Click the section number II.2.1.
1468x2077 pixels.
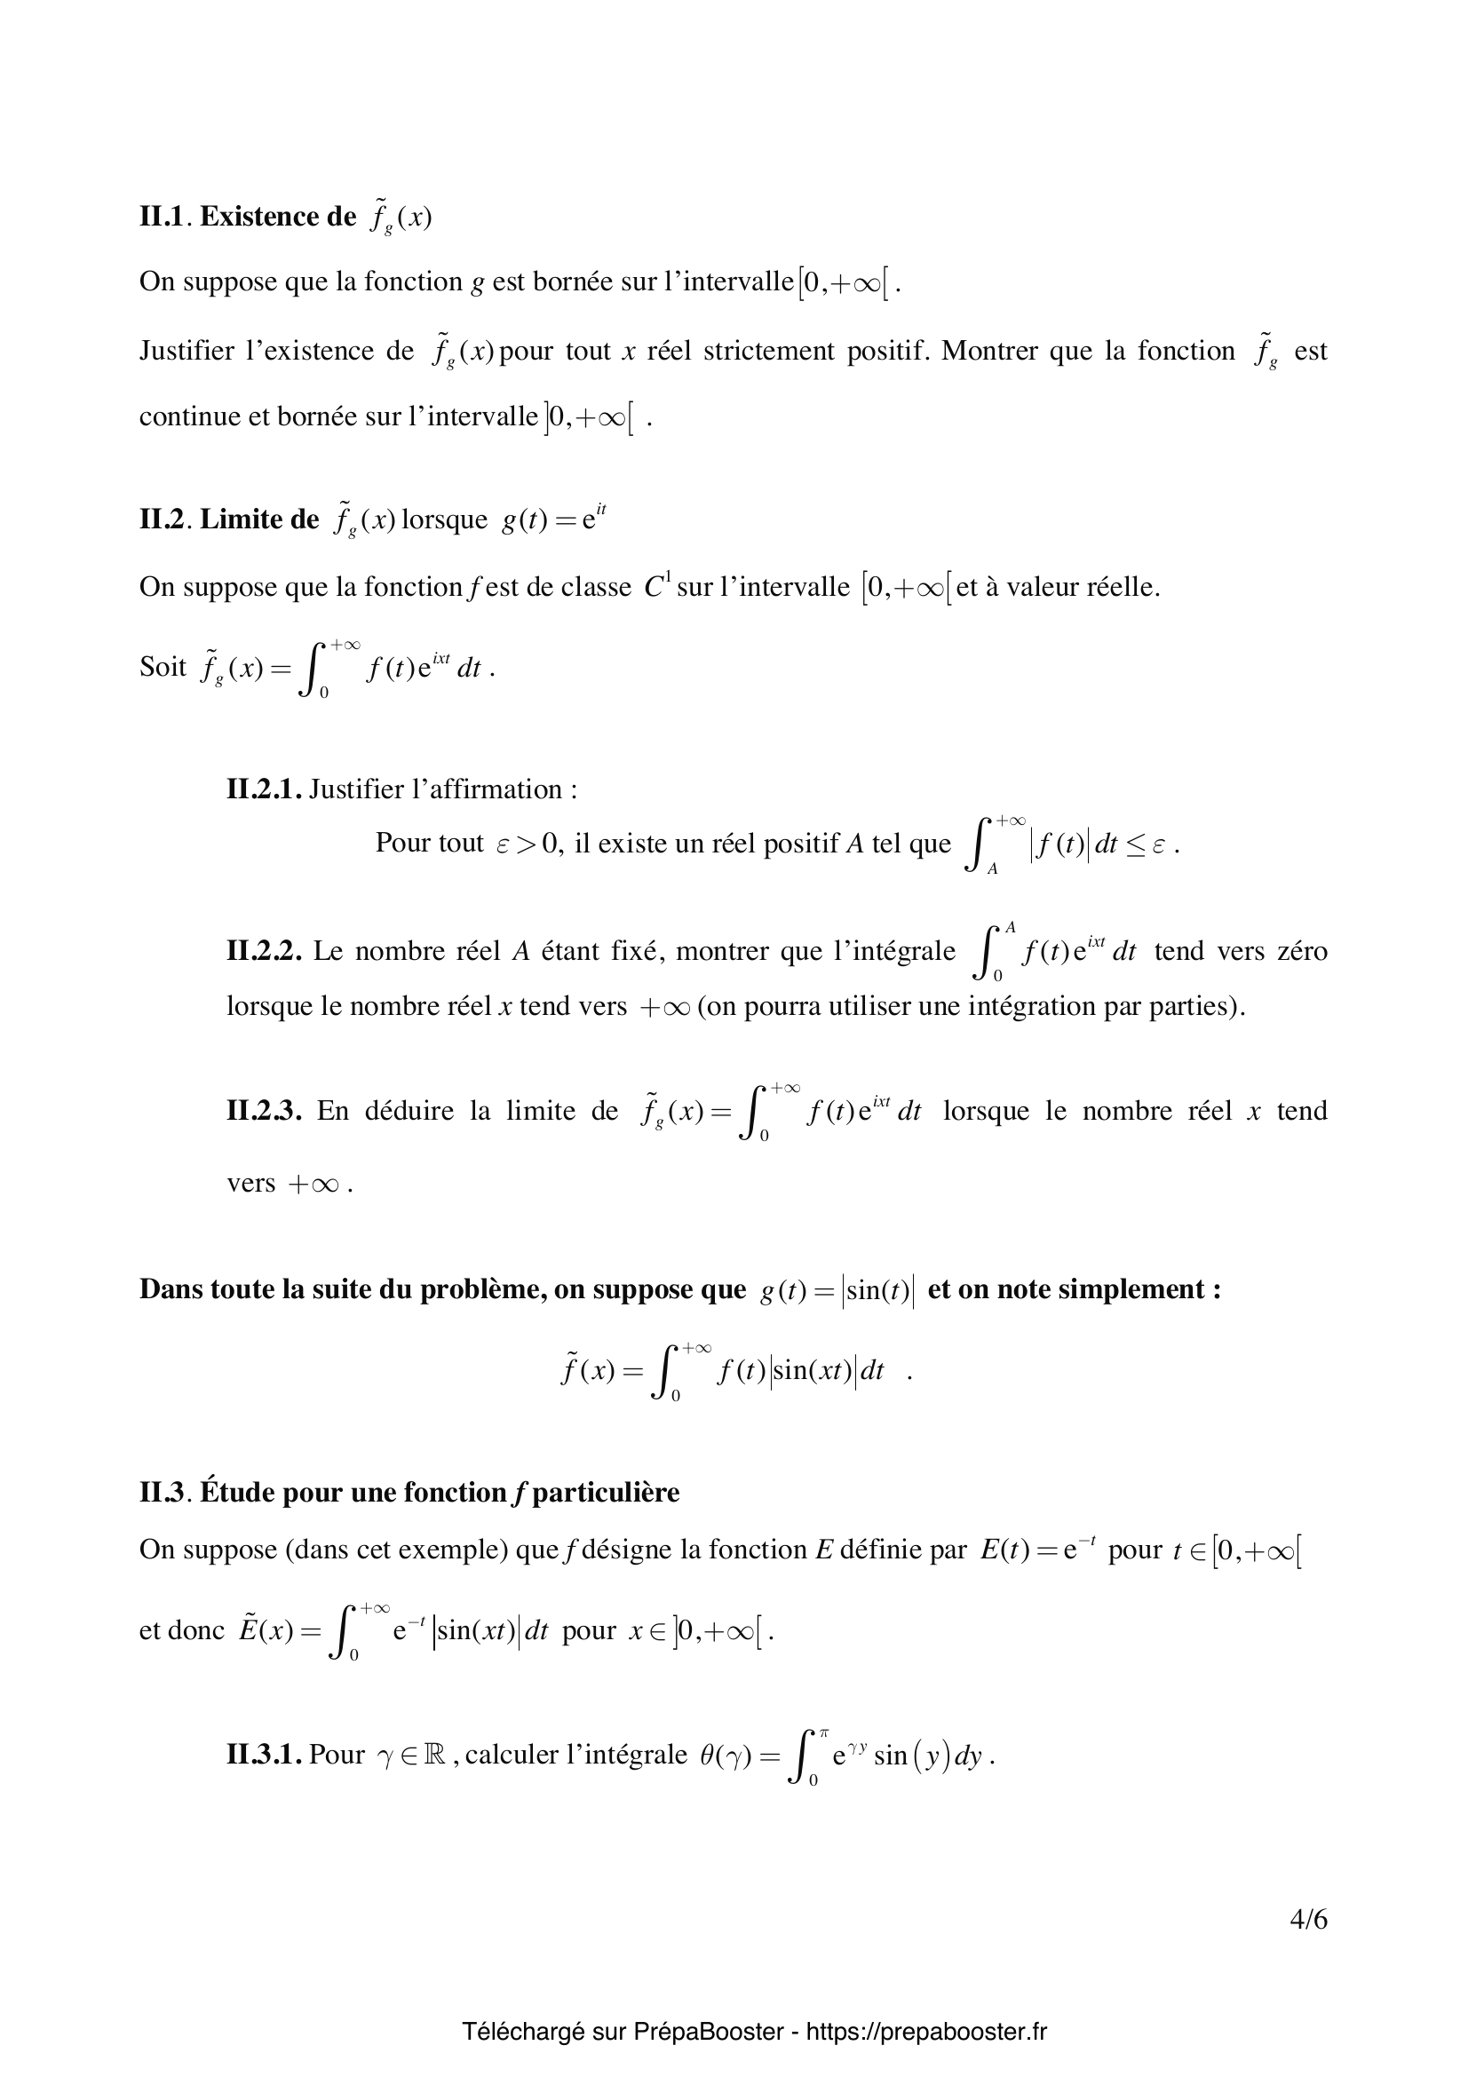263,789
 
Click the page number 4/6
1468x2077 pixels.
1308,1945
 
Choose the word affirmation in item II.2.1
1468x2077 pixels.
487,789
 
